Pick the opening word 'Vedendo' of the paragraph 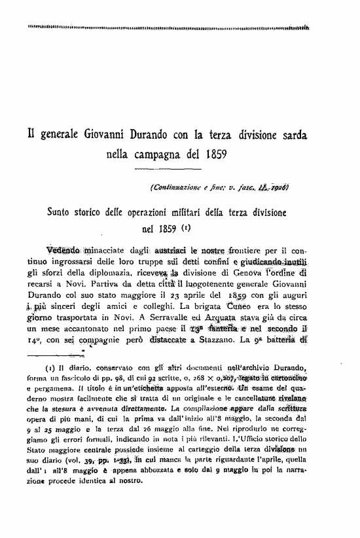click(x=63, y=249)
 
